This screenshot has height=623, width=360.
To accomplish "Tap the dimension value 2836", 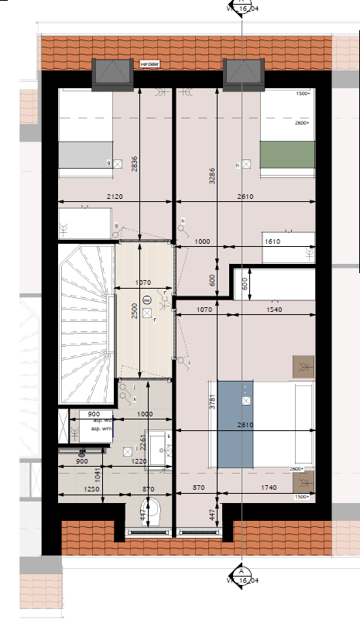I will pyautogui.click(x=134, y=163).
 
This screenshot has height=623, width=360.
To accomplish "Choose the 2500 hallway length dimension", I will pyautogui.click(x=134, y=312).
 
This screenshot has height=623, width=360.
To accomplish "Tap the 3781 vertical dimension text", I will pyautogui.click(x=212, y=405).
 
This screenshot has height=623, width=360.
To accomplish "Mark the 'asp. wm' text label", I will pyautogui.click(x=102, y=429).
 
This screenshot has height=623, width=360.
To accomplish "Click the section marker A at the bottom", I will pyautogui.click(x=242, y=572).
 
